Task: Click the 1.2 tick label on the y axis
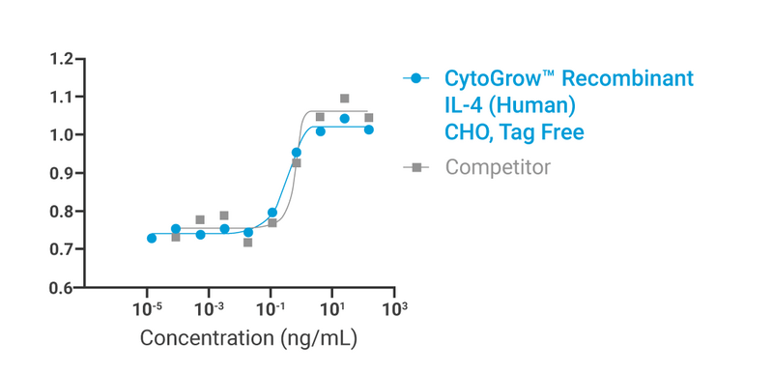[x=62, y=59]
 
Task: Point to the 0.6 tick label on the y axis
[x=62, y=288]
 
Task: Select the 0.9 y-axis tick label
[x=62, y=173]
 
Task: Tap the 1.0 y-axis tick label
[x=62, y=135]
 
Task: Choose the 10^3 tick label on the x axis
[x=394, y=308]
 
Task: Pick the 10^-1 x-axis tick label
[x=271, y=308]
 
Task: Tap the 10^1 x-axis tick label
[x=332, y=308]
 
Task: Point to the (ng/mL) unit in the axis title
[x=319, y=339]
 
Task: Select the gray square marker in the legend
[x=415, y=167]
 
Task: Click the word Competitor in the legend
[x=498, y=167]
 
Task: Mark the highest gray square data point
[x=345, y=99]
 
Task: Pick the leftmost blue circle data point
[x=151, y=238]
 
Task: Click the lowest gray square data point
[x=248, y=243]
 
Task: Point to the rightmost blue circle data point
[x=369, y=129]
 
